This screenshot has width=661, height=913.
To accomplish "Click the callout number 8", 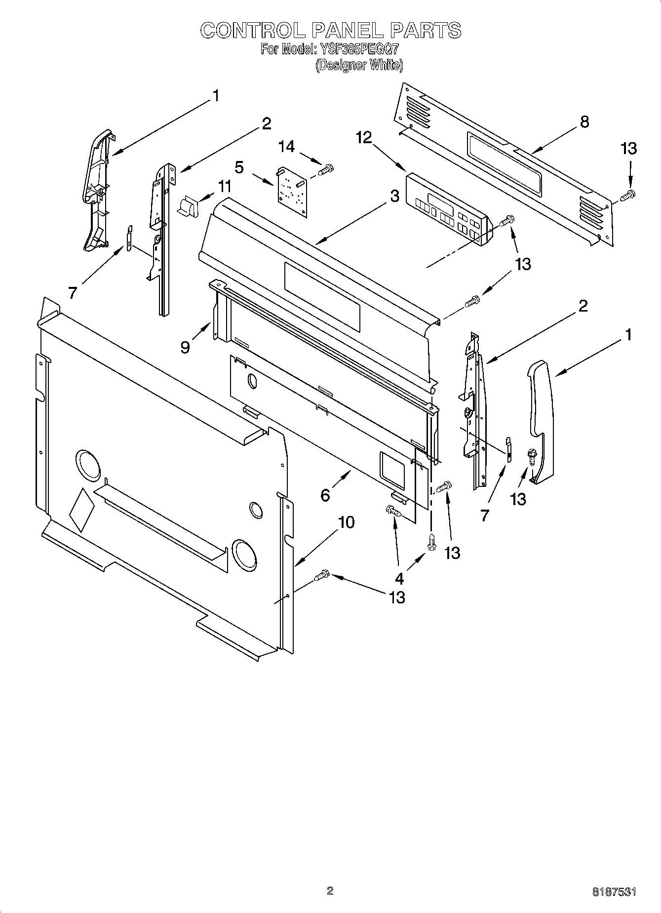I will click(x=584, y=121).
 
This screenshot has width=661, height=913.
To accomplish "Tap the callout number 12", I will click(x=364, y=138).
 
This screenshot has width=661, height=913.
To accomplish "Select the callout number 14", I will click(x=286, y=147).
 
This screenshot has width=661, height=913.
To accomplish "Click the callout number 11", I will click(x=225, y=187).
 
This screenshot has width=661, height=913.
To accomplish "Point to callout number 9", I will click(x=185, y=348).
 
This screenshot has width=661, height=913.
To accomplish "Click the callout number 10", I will click(x=347, y=522).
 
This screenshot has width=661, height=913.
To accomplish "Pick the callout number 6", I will click(x=325, y=494).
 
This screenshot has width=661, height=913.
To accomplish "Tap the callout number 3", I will click(x=394, y=196).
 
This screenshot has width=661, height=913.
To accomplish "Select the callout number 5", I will click(x=239, y=167).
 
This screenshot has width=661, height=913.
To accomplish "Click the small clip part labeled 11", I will click(x=188, y=206).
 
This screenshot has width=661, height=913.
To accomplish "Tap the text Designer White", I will click(x=359, y=65).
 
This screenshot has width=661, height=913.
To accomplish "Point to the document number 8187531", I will click(x=614, y=892).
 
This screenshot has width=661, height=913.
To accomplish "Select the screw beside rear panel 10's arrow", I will click(x=322, y=575).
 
